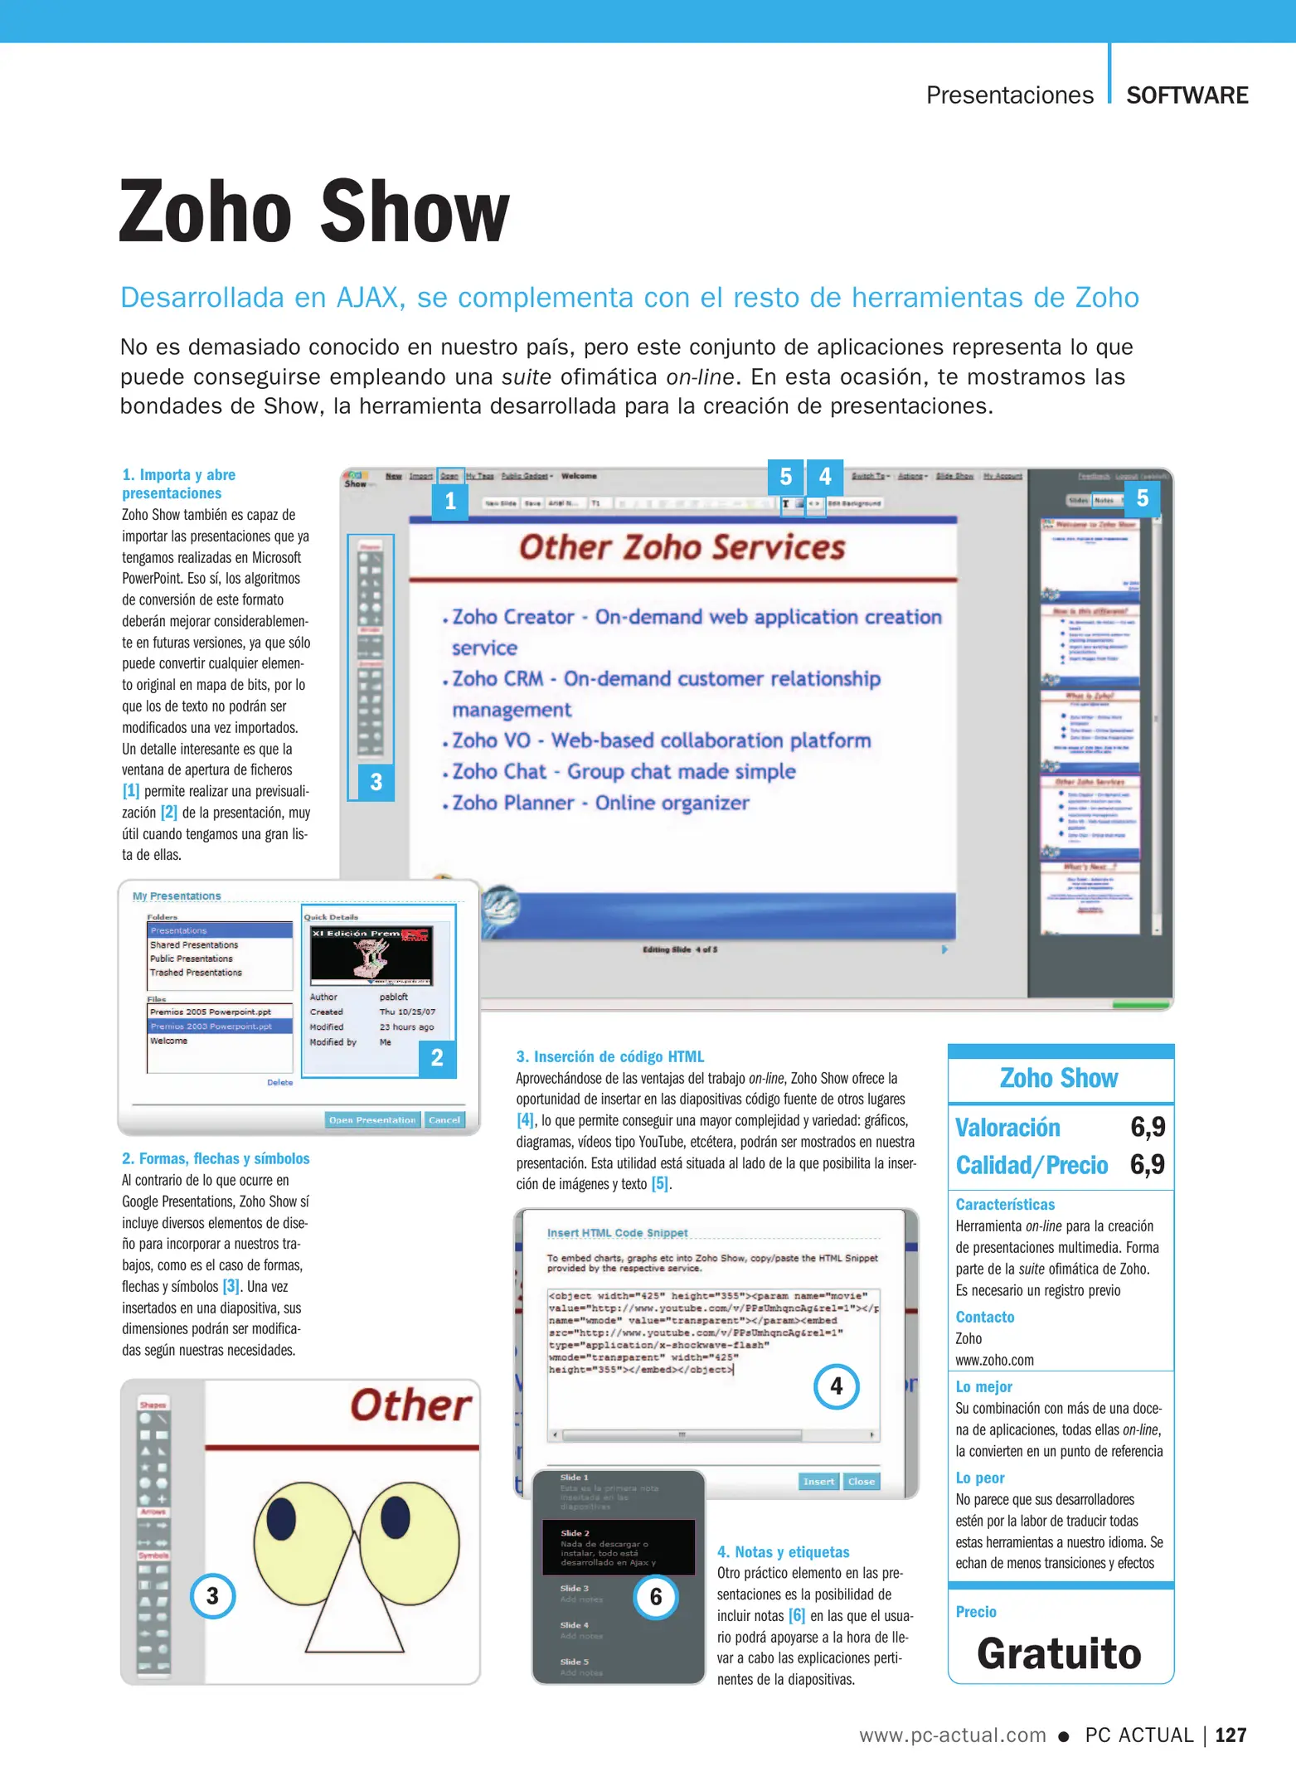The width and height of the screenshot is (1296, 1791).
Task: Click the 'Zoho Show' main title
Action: (x=314, y=212)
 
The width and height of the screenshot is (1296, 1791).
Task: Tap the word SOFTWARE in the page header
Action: (x=1187, y=95)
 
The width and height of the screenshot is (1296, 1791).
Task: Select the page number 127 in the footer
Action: (x=1230, y=1735)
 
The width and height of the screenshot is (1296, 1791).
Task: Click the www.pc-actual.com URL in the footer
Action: (x=952, y=1735)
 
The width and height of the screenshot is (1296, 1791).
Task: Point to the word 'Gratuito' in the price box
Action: (x=1059, y=1653)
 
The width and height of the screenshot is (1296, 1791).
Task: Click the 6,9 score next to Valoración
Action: (x=1148, y=1127)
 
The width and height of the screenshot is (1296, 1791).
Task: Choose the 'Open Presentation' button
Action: (x=372, y=1120)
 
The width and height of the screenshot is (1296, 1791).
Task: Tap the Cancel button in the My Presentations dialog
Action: (x=444, y=1120)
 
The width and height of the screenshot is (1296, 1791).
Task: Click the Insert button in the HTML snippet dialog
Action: (x=818, y=1482)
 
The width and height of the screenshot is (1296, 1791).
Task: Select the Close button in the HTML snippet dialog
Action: (x=862, y=1482)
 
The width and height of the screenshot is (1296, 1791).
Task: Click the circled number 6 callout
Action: (x=656, y=1597)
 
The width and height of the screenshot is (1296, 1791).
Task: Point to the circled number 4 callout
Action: (x=836, y=1386)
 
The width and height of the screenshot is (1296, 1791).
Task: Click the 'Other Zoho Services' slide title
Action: (x=682, y=548)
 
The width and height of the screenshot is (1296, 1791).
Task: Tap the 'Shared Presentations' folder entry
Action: (x=194, y=945)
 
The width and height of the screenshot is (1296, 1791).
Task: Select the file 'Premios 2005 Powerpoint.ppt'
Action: (x=211, y=1012)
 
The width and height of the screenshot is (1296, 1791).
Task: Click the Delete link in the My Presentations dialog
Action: (x=279, y=1083)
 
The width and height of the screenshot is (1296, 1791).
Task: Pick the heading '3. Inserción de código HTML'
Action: (x=609, y=1057)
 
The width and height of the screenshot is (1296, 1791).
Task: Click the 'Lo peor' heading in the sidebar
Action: (x=980, y=1478)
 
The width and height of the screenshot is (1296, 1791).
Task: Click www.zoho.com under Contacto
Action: (x=994, y=1361)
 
